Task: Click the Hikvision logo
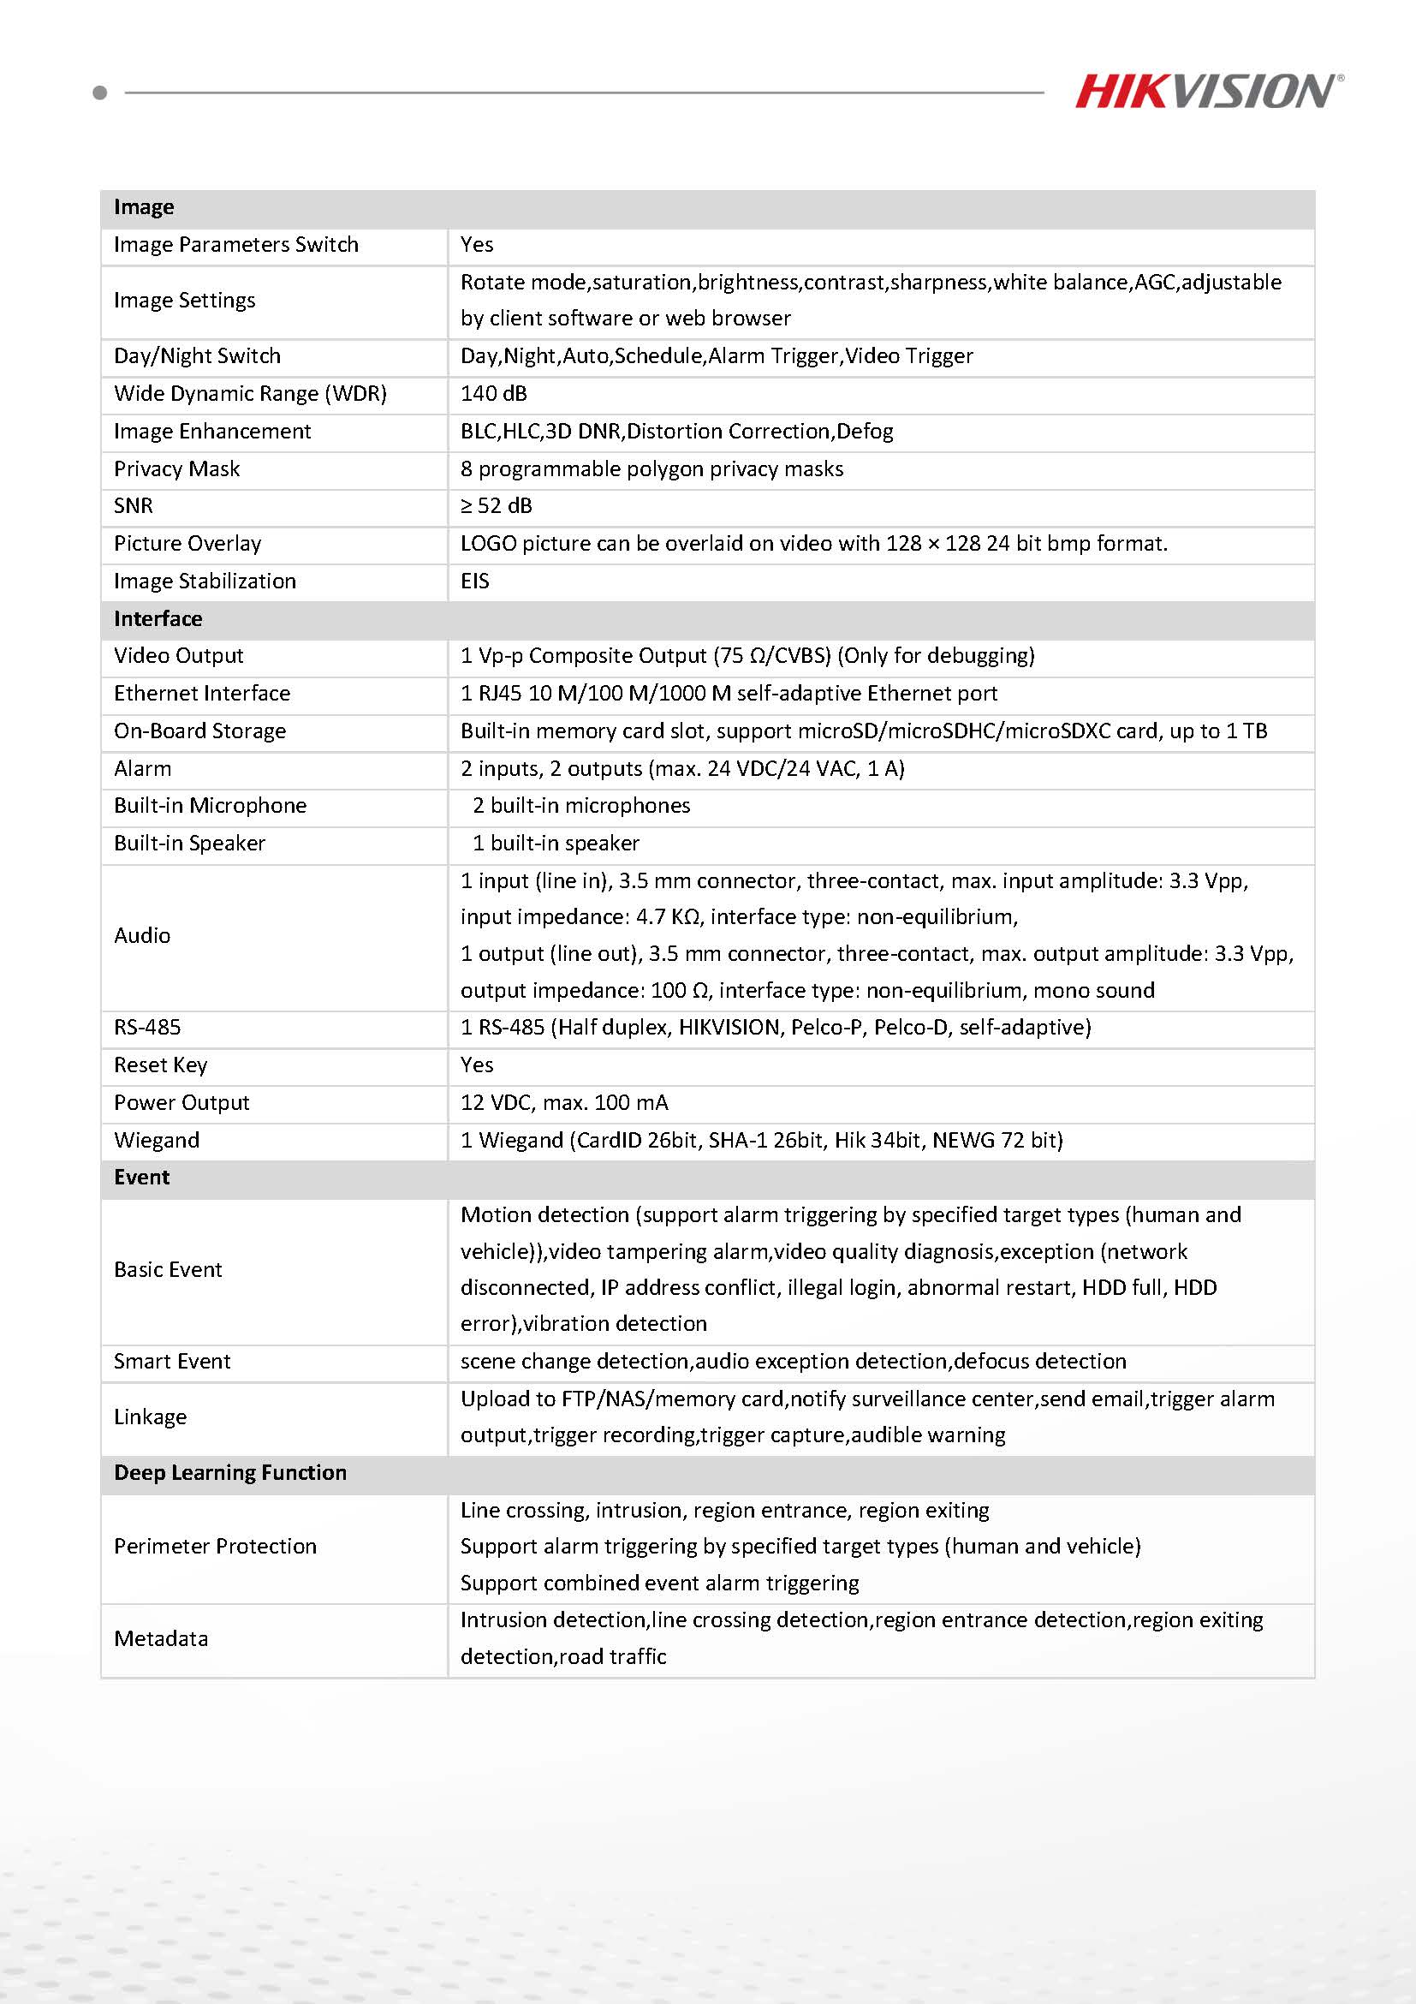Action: pyautogui.click(x=1207, y=92)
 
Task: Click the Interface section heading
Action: pyautogui.click(x=158, y=619)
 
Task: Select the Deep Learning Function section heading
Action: pyautogui.click(x=230, y=1472)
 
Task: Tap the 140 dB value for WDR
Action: pyautogui.click(x=494, y=394)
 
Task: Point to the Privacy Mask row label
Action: pyautogui.click(x=176, y=468)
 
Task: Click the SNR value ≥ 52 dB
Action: pyautogui.click(x=496, y=506)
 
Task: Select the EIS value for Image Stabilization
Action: pyautogui.click(x=474, y=582)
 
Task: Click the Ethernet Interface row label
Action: pyautogui.click(x=201, y=693)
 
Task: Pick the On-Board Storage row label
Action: pyautogui.click(x=199, y=731)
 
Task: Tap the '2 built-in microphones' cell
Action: pyautogui.click(x=581, y=806)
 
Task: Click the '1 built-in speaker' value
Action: pyautogui.click(x=556, y=844)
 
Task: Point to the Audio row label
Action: pyautogui.click(x=142, y=936)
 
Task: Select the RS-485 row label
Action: pyautogui.click(x=147, y=1028)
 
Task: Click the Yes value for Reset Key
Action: pyautogui.click(x=476, y=1065)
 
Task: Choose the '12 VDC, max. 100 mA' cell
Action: pyautogui.click(x=563, y=1102)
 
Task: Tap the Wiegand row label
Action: pyautogui.click(x=157, y=1140)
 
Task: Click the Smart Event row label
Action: pyautogui.click(x=172, y=1361)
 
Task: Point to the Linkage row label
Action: pyautogui.click(x=150, y=1417)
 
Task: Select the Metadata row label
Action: pyautogui.click(x=162, y=1638)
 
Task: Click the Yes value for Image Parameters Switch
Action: pyautogui.click(x=476, y=244)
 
